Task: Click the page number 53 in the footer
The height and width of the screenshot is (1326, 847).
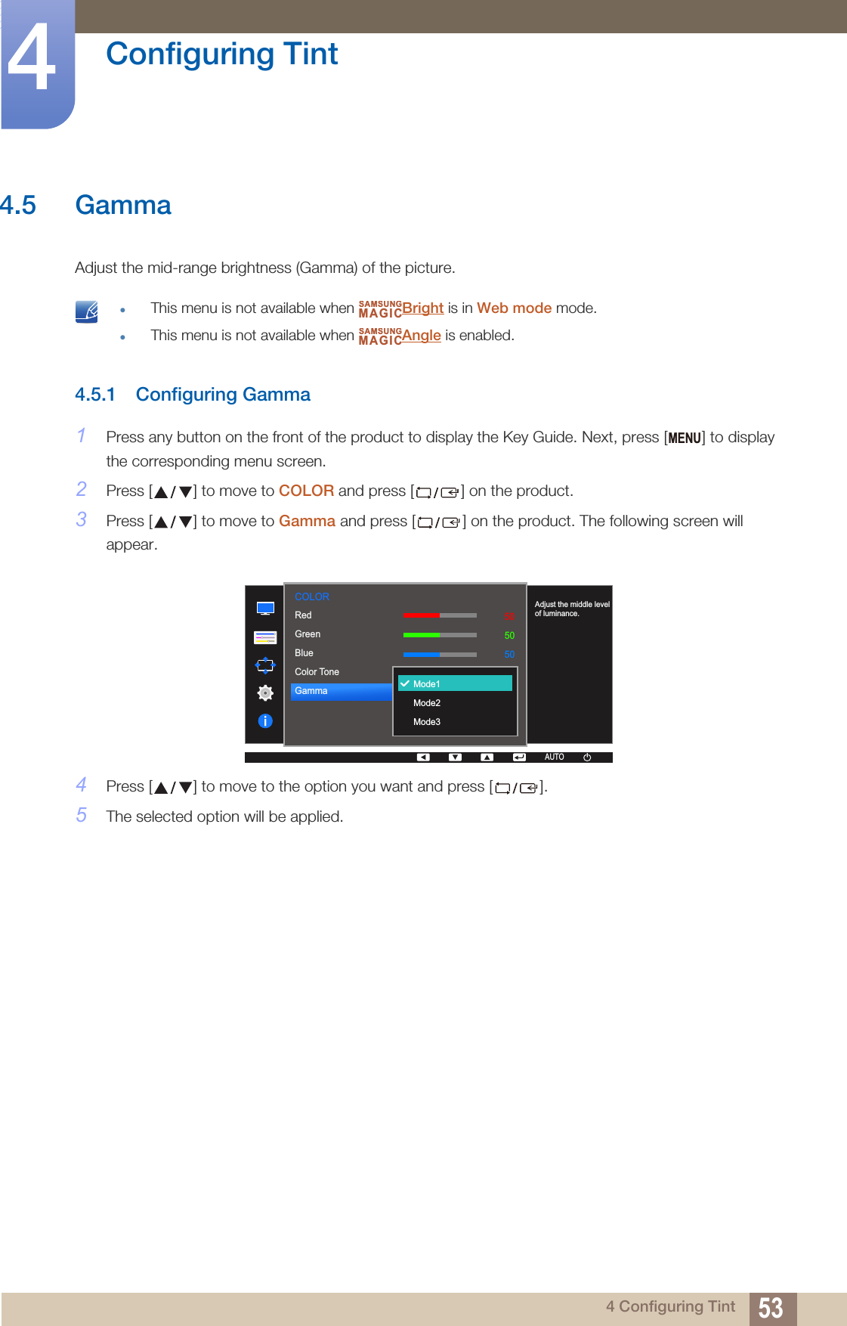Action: click(771, 1308)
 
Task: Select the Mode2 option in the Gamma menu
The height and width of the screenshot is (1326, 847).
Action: click(427, 703)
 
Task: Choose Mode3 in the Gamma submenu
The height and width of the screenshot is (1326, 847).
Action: click(427, 722)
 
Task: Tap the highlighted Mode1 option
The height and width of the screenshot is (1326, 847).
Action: click(455, 683)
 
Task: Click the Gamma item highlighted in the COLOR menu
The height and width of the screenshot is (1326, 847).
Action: click(340, 691)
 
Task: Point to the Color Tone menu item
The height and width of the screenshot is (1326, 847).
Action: click(317, 672)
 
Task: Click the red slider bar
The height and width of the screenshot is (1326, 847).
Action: click(440, 615)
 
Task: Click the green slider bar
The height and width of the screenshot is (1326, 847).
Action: click(440, 635)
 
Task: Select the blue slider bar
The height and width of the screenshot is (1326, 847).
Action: click(440, 654)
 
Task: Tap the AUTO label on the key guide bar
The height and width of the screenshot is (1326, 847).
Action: click(554, 757)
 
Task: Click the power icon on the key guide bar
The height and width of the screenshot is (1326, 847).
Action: click(587, 757)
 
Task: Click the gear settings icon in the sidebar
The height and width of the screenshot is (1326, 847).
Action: click(265, 692)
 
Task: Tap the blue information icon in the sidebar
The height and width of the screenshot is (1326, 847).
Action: click(265, 721)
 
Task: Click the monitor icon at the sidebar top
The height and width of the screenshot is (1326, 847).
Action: click(265, 609)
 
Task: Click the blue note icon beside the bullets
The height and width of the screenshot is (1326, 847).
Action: click(87, 311)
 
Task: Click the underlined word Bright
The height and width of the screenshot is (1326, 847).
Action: click(422, 308)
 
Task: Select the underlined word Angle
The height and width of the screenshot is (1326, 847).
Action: click(421, 335)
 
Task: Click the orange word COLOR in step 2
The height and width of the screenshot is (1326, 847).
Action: click(306, 491)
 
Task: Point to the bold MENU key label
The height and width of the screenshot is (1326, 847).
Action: click(685, 438)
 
